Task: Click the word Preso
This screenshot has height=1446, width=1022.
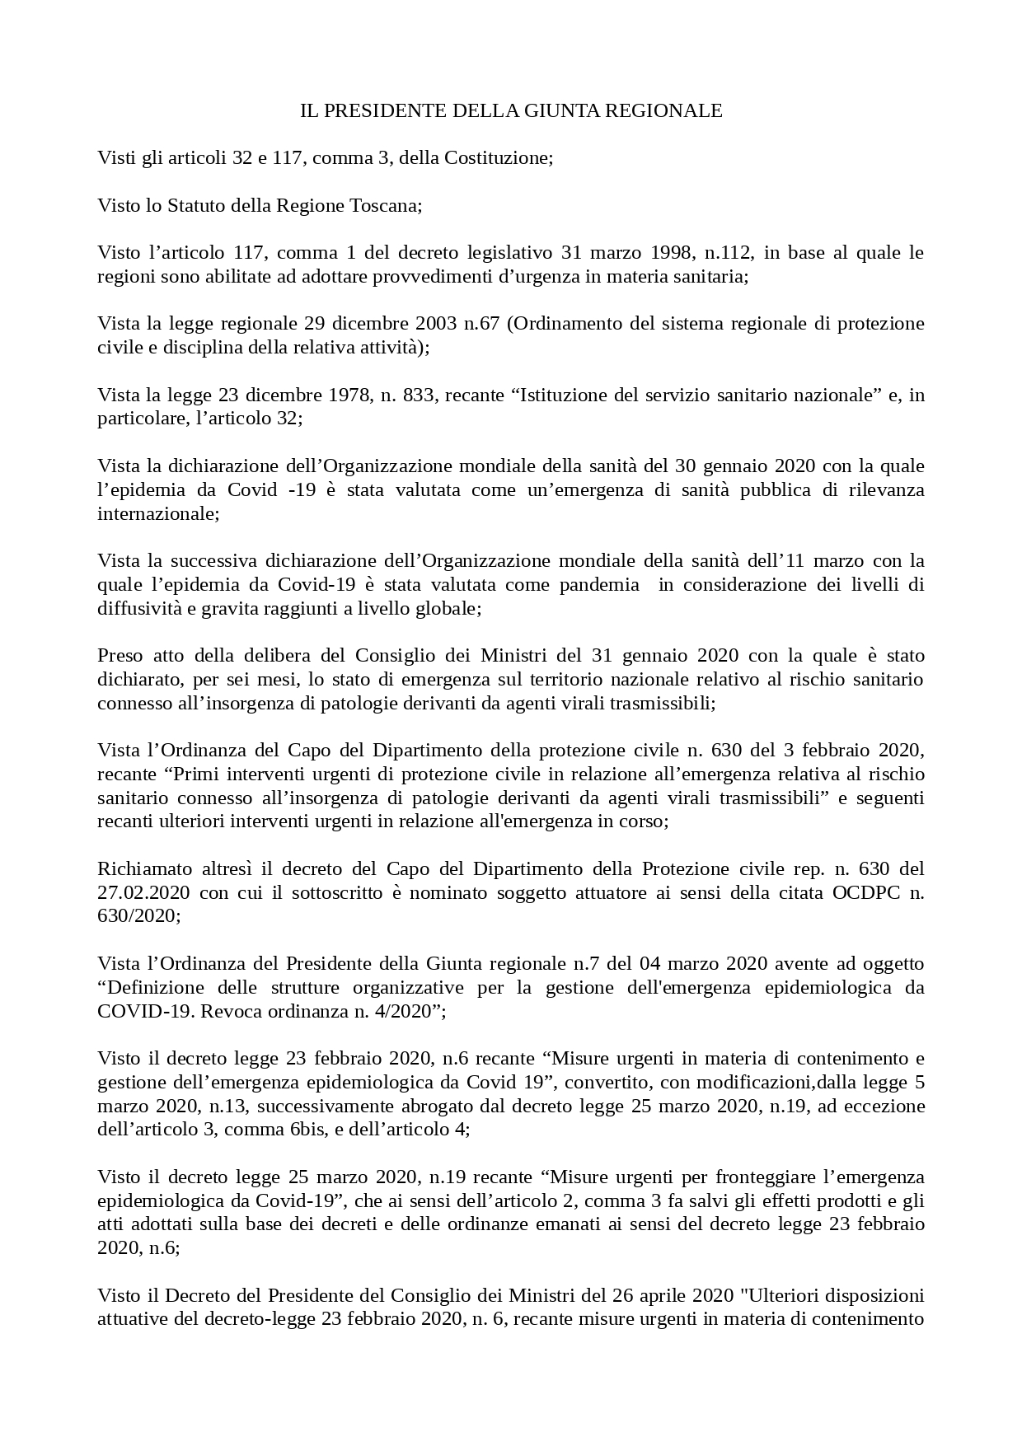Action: [x=120, y=655]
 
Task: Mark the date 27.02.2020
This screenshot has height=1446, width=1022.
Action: [x=143, y=892]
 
